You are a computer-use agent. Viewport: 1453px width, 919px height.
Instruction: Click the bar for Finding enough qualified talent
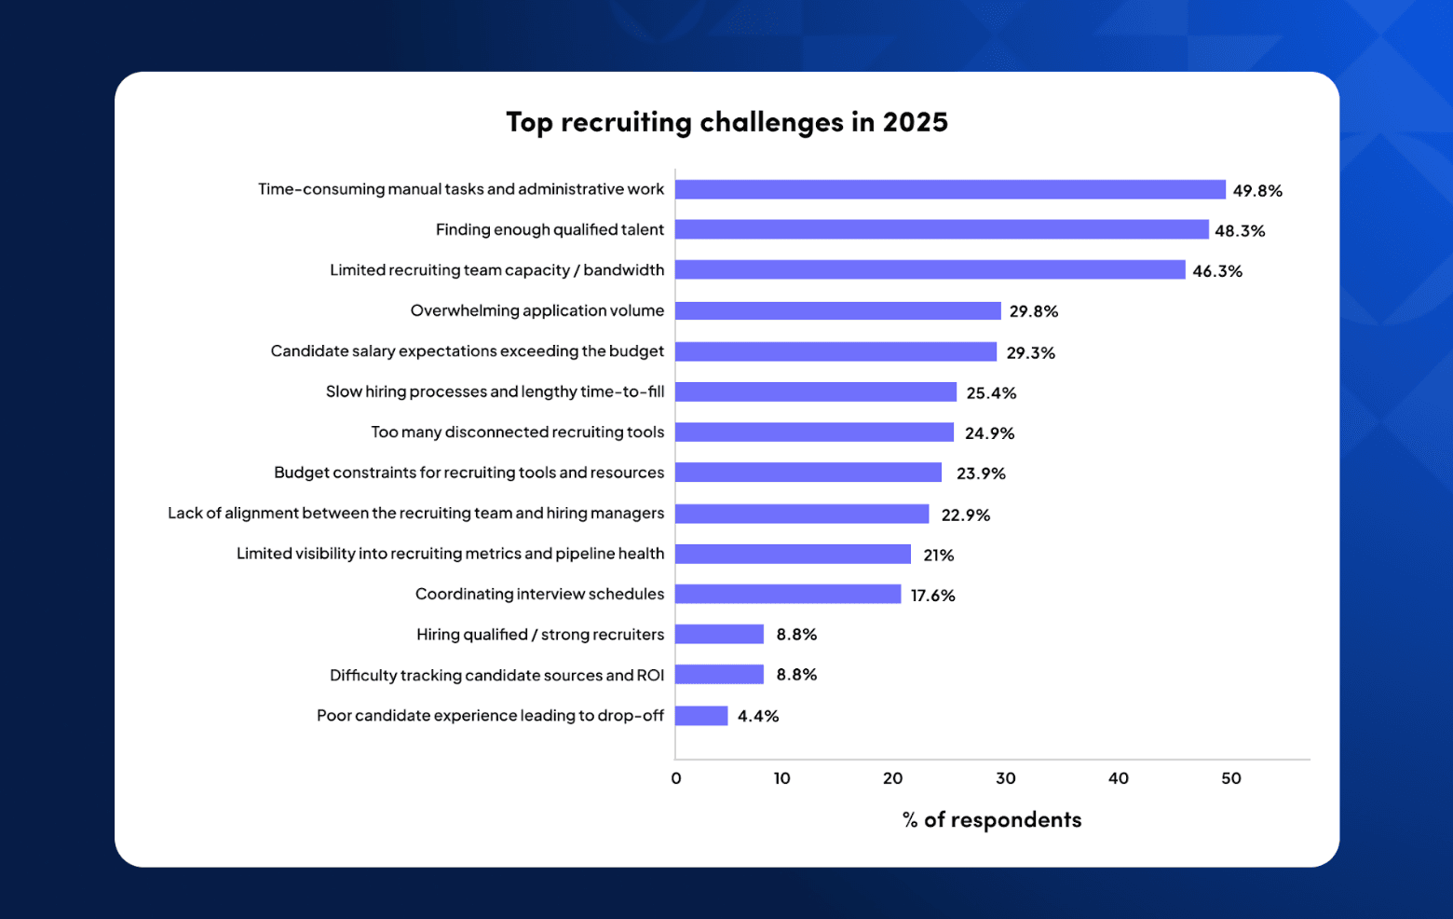[x=941, y=229]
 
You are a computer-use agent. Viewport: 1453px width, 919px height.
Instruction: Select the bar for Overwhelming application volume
[x=837, y=310]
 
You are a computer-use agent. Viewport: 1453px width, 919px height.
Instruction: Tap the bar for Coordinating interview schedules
[x=788, y=594]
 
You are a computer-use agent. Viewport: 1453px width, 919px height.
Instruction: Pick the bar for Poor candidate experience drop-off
[x=701, y=716]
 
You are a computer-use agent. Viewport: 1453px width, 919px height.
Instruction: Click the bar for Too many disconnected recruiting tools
[x=814, y=432]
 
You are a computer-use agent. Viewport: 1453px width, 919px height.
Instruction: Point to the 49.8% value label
[x=1256, y=191]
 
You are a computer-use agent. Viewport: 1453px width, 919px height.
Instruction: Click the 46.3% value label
[x=1216, y=271]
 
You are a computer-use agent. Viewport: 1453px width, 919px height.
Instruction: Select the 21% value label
[x=938, y=556]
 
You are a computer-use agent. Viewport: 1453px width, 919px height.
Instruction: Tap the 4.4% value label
[x=757, y=717]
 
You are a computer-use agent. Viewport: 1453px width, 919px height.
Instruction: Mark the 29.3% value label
[x=1030, y=353]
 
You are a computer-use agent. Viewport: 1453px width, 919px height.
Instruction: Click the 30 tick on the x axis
[x=1005, y=778]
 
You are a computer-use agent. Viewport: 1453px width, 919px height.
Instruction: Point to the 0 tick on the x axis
[x=676, y=778]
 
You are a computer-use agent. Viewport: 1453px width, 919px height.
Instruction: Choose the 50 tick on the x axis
[x=1230, y=778]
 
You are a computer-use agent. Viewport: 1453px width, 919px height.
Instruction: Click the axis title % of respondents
[x=991, y=820]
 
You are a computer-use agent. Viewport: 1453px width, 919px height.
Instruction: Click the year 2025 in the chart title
[x=915, y=122]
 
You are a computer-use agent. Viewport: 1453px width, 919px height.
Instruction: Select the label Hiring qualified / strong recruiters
[x=540, y=635]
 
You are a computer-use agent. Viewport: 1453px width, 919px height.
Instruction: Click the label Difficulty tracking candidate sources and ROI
[x=496, y=676]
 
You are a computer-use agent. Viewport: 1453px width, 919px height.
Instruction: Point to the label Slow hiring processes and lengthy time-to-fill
[x=495, y=391]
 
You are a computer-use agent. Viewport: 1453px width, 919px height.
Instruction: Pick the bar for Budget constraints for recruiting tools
[x=808, y=473]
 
